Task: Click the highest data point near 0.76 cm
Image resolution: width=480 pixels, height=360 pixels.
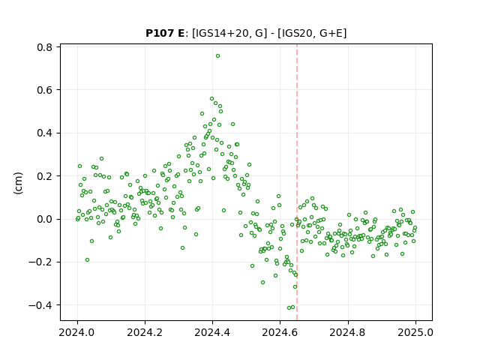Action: pos(217,56)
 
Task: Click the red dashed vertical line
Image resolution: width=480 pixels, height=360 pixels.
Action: pos(297,182)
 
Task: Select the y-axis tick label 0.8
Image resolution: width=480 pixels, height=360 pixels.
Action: pos(44,47)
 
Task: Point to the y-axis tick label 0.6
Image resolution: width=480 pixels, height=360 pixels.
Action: pos(44,90)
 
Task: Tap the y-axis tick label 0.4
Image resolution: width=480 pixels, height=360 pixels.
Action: pos(44,133)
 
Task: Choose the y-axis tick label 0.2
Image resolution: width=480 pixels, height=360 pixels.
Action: pos(44,176)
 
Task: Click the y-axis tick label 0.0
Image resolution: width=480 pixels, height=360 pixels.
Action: pos(44,219)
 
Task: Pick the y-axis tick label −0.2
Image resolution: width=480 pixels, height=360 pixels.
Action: pos(40,262)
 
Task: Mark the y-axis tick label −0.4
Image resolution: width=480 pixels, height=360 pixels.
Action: pos(40,305)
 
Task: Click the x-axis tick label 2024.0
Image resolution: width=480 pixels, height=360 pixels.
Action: pos(77,332)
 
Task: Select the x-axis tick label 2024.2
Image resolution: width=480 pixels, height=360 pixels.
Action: pos(145,332)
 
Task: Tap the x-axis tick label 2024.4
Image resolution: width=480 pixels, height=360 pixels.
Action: pos(212,332)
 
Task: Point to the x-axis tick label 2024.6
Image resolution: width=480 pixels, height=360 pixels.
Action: pos(280,332)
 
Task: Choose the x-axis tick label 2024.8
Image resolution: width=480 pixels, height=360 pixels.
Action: pos(347,332)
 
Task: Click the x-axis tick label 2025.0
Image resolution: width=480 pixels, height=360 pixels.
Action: pos(415,332)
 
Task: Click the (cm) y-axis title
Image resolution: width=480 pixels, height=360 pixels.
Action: pos(18,183)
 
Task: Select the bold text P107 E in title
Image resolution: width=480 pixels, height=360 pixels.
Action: pos(165,33)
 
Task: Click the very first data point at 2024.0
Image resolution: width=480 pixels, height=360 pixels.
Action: pos(77,219)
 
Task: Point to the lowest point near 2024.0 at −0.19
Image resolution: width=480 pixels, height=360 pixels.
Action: pos(87,260)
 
